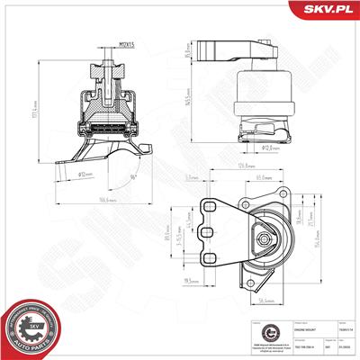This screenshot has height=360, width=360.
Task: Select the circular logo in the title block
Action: tap(256, 336)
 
